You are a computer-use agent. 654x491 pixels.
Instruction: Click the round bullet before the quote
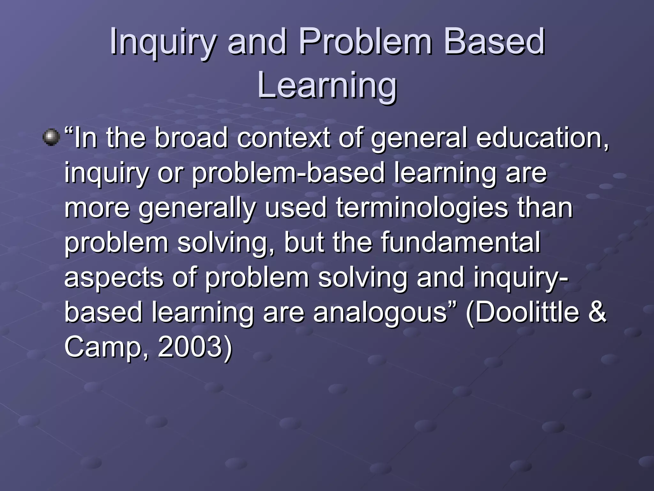click(51, 137)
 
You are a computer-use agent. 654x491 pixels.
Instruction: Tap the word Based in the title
click(494, 42)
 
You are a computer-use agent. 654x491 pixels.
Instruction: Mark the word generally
click(197, 208)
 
